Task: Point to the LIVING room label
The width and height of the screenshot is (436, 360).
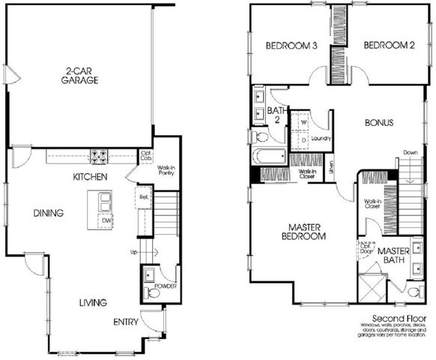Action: point(93,303)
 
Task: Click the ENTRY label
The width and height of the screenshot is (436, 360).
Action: point(126,322)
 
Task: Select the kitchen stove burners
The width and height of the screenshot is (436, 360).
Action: point(100,157)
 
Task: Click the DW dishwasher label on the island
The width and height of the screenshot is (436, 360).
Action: point(106,220)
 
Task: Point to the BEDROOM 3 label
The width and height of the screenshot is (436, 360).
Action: point(292,46)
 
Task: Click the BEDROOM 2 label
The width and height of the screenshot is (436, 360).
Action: point(389,46)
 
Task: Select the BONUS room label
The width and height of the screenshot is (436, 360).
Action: point(379,122)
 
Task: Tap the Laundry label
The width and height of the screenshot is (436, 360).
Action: point(321,138)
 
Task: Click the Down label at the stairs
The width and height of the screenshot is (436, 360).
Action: point(410,152)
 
